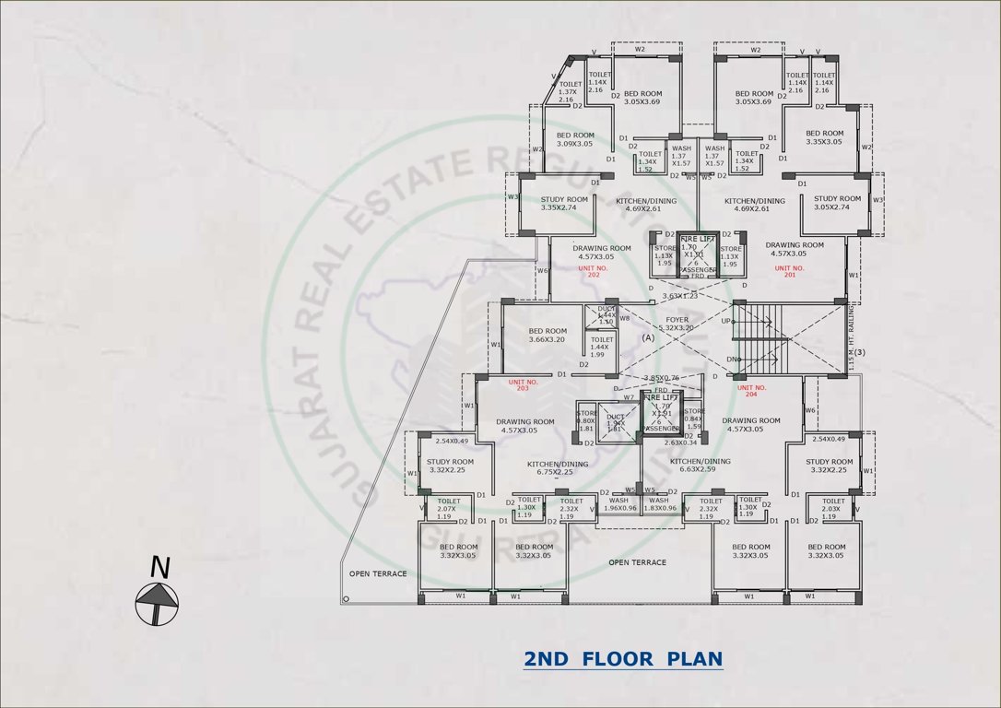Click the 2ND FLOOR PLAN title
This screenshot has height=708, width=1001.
[623, 659]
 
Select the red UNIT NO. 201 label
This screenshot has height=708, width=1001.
[788, 271]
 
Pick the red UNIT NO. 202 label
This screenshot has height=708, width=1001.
[595, 271]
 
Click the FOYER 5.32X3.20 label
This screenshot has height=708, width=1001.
[677, 324]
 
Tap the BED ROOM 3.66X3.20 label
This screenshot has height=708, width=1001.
[548, 336]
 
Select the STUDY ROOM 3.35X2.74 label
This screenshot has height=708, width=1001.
[564, 203]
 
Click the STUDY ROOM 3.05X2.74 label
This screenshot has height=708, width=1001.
[837, 203]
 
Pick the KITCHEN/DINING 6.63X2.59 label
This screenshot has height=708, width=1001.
[700, 466]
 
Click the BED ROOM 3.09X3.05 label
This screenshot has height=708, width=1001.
[575, 139]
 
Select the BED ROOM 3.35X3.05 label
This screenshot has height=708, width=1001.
[824, 137]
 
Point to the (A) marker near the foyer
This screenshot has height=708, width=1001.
[648, 338]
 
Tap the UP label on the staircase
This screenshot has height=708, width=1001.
[726, 321]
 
